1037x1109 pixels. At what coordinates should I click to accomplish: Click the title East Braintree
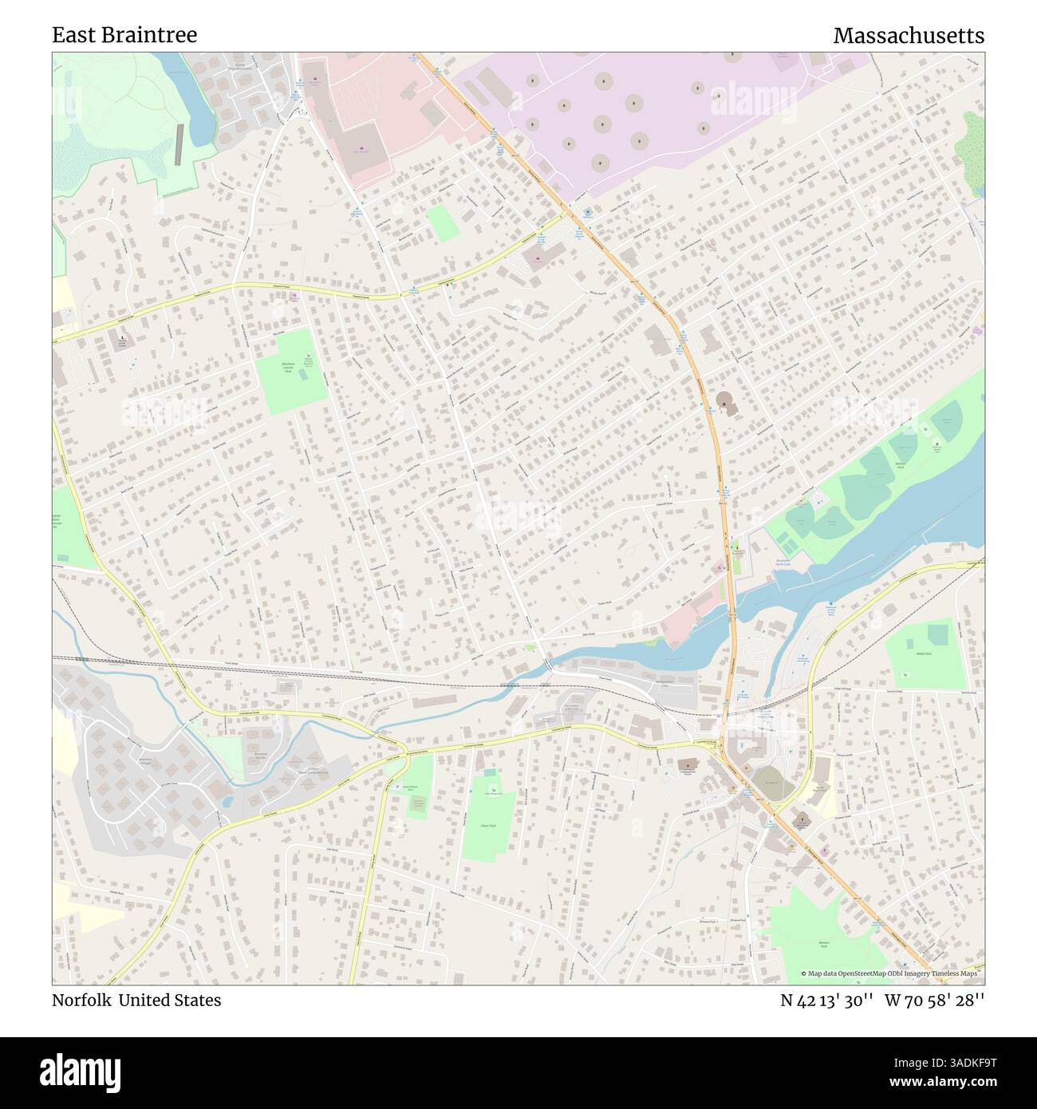(x=124, y=35)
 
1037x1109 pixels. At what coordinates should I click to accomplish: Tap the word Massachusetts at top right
(x=908, y=36)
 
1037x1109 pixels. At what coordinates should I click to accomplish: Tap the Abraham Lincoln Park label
(x=289, y=368)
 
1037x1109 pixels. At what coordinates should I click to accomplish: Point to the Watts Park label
(x=925, y=653)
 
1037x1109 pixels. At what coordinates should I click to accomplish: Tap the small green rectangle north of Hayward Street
(x=443, y=223)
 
